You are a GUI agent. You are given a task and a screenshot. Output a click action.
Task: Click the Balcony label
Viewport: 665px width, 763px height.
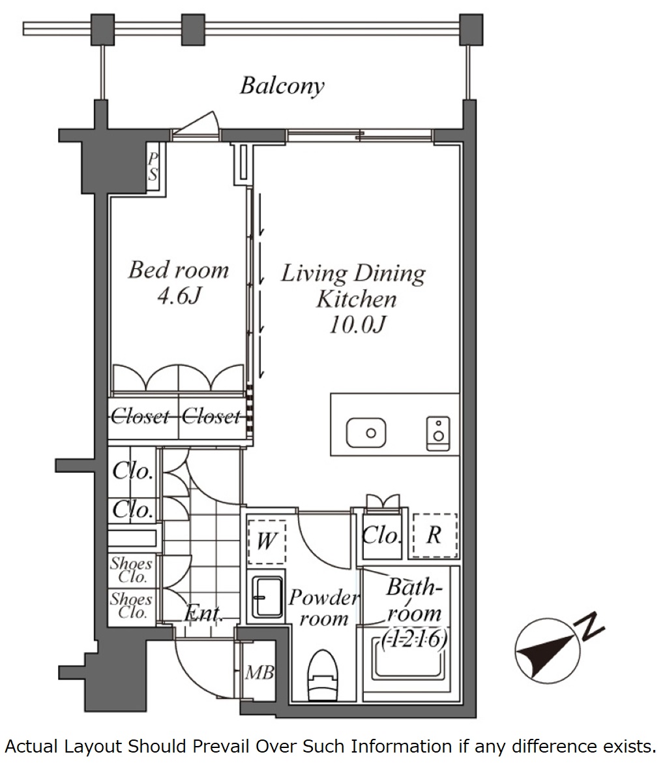[282, 86]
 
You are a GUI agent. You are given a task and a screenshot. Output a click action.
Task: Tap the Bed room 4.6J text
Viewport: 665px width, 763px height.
[179, 282]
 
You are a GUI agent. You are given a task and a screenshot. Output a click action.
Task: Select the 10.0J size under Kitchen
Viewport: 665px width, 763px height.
[357, 324]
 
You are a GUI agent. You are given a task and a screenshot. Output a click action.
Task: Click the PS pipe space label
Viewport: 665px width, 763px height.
[153, 166]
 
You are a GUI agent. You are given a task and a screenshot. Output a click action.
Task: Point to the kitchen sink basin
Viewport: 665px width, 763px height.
[366, 433]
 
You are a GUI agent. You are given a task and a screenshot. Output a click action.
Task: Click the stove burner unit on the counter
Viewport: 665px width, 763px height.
[438, 433]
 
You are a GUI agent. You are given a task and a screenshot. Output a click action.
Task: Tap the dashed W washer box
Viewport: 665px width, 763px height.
[267, 542]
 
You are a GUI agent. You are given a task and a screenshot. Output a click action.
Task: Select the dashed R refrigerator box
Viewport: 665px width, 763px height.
[435, 535]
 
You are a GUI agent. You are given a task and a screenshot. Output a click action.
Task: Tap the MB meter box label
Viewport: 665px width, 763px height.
[259, 672]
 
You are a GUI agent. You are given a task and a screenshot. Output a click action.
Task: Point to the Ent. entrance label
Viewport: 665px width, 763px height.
[203, 613]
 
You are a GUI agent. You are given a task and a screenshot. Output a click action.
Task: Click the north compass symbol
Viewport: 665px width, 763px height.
[548, 651]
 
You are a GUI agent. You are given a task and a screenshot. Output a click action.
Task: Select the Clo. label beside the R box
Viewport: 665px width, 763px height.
[382, 536]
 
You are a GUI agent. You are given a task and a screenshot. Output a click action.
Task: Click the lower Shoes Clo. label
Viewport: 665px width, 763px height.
[130, 605]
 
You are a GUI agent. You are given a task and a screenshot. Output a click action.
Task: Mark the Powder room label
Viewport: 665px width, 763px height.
[324, 608]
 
